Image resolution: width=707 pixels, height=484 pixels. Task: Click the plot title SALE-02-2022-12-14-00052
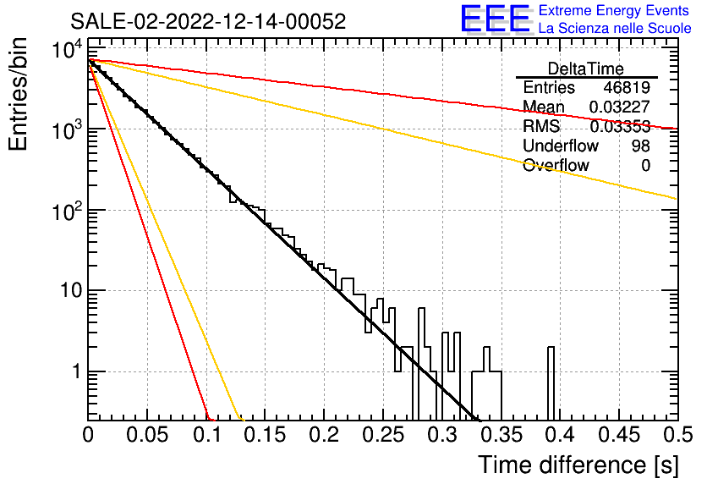208,21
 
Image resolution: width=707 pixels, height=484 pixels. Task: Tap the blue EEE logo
496,19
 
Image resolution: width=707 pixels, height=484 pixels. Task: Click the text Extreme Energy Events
614,10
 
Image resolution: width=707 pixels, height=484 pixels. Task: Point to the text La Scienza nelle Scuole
615,28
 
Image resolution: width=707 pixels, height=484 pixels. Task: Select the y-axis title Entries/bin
18,95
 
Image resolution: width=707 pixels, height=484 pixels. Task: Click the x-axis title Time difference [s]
578,465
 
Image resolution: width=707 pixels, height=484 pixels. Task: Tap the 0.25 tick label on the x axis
383,435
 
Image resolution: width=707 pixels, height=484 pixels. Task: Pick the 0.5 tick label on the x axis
678,435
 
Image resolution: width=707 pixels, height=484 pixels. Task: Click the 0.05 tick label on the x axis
147,435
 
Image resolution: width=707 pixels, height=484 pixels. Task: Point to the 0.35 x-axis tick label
501,435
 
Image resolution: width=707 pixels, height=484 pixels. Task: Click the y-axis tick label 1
76,371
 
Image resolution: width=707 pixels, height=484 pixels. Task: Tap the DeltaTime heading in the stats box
586,69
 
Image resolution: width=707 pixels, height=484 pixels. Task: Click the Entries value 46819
627,87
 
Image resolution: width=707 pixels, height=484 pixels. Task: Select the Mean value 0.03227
620,107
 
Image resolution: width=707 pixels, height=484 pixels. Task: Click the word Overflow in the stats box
556,165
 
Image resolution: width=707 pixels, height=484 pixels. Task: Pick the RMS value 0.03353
620,126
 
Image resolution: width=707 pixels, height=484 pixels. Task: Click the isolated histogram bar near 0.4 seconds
551,383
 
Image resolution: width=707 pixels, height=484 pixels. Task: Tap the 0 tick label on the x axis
88,435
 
